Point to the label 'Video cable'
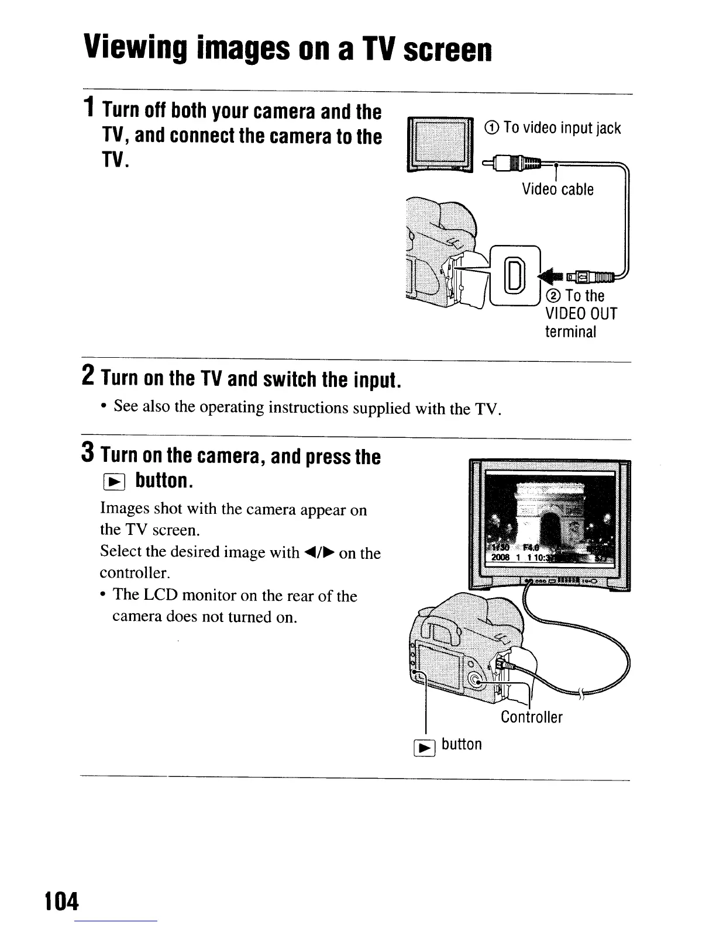click(x=557, y=189)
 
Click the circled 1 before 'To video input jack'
click(x=493, y=128)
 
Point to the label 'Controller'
click(x=531, y=717)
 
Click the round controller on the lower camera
click(x=475, y=678)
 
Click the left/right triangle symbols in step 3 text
click(x=319, y=552)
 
